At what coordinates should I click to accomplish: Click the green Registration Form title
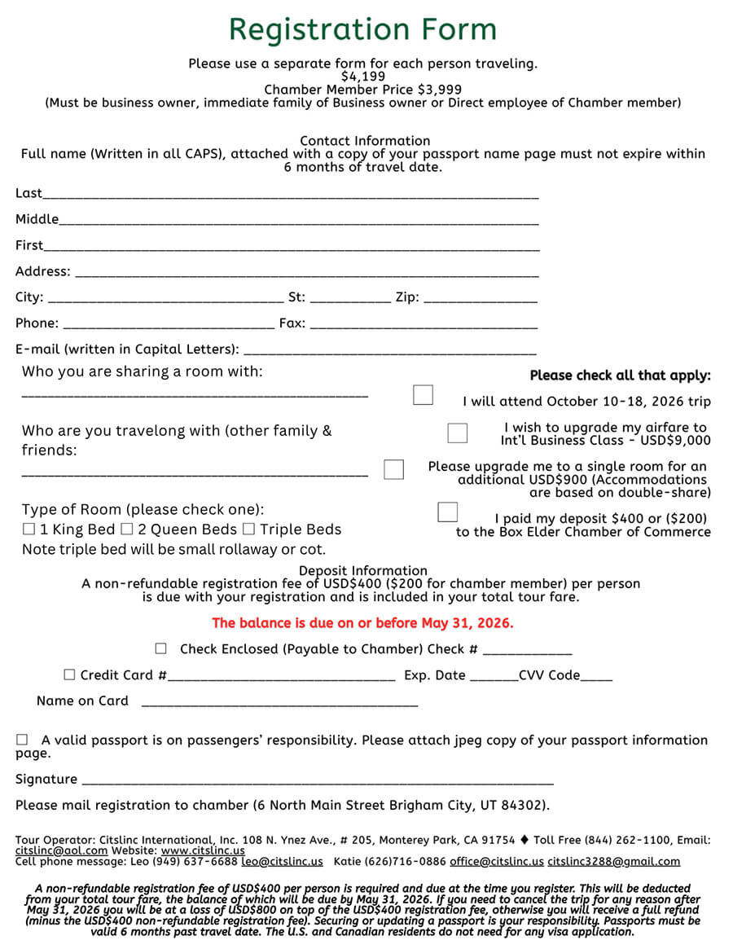[x=362, y=30]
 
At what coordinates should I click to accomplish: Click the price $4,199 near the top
[x=363, y=77]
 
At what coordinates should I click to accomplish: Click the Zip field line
[x=480, y=300]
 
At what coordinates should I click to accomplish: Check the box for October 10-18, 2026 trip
[x=423, y=395]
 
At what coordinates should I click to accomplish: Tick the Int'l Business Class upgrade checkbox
[x=458, y=433]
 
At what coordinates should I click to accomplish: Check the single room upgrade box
[x=393, y=469]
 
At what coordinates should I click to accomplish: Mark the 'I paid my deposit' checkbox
[x=447, y=512]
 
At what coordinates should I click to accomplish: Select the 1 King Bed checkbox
[x=29, y=529]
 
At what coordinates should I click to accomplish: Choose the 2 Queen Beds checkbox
[x=126, y=529]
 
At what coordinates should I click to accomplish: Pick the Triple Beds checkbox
[x=248, y=529]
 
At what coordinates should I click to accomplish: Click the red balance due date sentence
[x=362, y=623]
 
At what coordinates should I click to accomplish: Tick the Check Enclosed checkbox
[x=161, y=649]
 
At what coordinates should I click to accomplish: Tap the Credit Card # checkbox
[x=69, y=675]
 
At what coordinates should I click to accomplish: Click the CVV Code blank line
[x=596, y=678]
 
